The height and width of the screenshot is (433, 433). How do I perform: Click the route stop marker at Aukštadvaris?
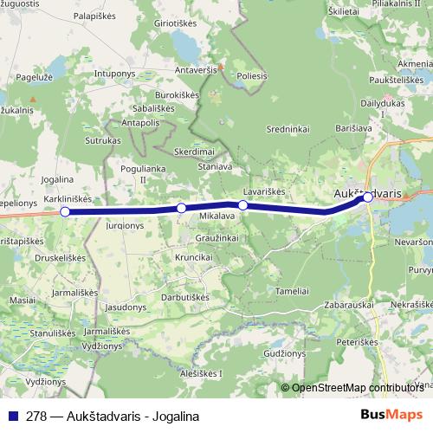tap(368, 197)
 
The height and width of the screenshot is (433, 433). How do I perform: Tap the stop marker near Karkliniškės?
tap(65, 211)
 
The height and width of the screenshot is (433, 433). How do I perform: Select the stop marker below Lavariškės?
tap(243, 205)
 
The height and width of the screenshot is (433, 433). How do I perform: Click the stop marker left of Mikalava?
tap(181, 208)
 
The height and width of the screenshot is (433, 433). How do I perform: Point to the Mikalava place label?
tap(217, 215)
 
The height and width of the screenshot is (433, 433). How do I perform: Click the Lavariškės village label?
tap(264, 191)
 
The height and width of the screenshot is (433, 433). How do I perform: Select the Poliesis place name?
tap(252, 75)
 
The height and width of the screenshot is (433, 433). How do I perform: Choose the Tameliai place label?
tap(292, 291)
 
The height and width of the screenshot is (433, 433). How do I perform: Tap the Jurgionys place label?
tap(126, 225)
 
